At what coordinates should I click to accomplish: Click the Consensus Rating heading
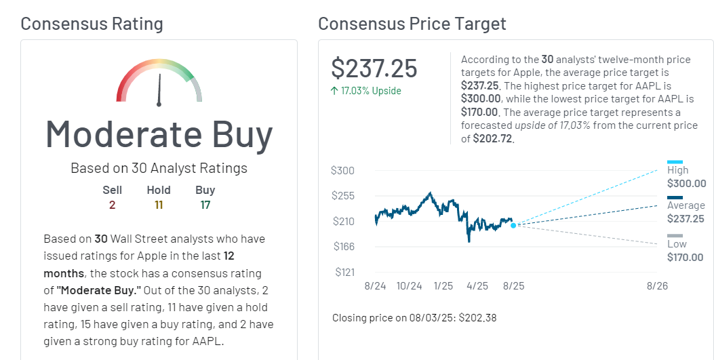coord(92,24)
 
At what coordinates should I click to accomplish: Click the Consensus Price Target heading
coord(412,24)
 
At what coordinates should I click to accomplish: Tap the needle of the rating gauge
coord(160,88)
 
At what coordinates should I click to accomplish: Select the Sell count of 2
coord(112,204)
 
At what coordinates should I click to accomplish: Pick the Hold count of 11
coord(159,204)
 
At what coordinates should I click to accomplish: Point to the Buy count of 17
coord(205,204)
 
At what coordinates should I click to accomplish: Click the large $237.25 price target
coord(374,68)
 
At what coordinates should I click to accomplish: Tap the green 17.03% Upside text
coord(366,91)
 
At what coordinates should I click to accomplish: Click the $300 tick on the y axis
coord(342,170)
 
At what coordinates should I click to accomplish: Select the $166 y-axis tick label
coord(342,246)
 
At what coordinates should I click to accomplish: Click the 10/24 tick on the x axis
coord(409,286)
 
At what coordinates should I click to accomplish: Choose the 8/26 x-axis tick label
coord(657,286)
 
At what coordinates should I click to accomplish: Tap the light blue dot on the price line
coord(513,225)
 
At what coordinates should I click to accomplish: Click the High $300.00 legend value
coord(686,184)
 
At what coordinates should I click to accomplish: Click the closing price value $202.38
coord(477,317)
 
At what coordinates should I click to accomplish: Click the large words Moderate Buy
coord(159,134)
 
